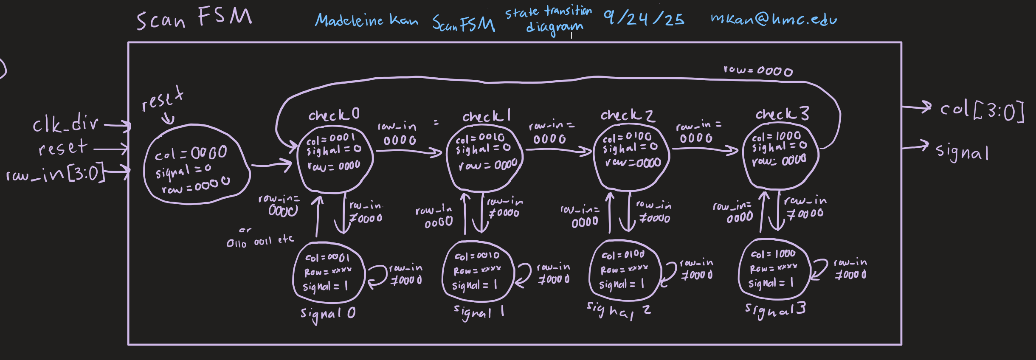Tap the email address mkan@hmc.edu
(x=774, y=19)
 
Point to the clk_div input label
(x=66, y=124)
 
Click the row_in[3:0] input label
(x=55, y=173)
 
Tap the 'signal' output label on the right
(x=962, y=152)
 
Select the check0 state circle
(x=335, y=157)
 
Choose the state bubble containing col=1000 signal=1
(x=773, y=269)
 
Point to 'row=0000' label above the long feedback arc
(x=758, y=70)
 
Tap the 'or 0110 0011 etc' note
(x=260, y=240)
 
